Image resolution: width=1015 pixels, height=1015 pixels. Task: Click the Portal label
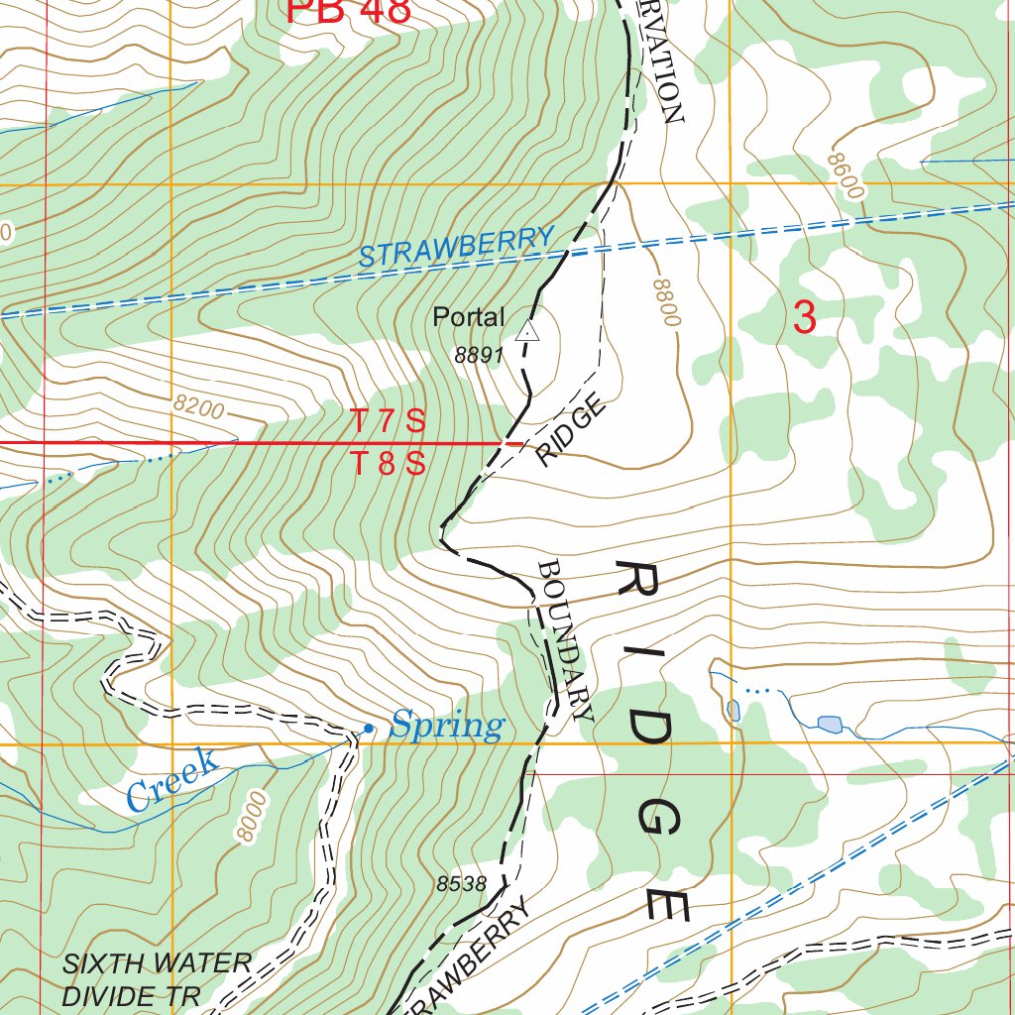tap(468, 318)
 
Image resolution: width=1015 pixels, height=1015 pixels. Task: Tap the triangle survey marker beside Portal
tap(527, 331)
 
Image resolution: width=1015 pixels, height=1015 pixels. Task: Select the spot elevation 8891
tap(480, 356)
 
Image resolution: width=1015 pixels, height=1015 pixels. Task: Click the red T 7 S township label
tap(389, 422)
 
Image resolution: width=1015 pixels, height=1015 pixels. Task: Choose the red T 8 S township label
tap(389, 463)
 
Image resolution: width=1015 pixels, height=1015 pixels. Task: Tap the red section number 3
tap(805, 318)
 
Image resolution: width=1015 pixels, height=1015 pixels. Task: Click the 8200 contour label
tap(198, 405)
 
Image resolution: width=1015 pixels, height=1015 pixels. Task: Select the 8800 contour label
tap(667, 302)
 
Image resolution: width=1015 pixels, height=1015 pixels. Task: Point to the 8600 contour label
tap(846, 176)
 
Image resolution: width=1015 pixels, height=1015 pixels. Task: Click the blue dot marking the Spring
tap(368, 730)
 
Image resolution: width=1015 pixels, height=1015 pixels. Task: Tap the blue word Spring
tap(446, 726)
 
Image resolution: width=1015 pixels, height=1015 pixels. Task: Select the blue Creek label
tap(172, 781)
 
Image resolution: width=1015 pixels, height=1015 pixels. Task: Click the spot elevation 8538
tap(461, 884)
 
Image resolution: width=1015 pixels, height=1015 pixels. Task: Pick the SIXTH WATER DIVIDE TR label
tap(157, 978)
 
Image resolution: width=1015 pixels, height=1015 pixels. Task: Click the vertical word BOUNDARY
tap(566, 639)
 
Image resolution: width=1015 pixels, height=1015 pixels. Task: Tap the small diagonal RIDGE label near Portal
tap(571, 430)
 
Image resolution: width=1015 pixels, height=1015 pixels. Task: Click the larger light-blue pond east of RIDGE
tap(829, 723)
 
